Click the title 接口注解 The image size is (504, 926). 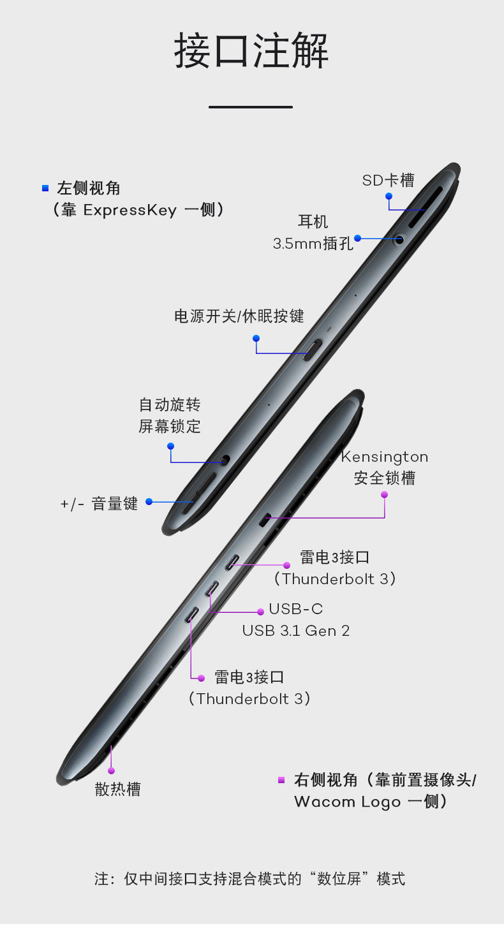(251, 50)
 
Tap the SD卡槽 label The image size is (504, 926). (389, 180)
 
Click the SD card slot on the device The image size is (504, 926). (426, 207)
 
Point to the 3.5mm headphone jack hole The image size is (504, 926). (399, 239)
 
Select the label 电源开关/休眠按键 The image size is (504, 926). (239, 316)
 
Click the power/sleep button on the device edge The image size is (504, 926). (312, 350)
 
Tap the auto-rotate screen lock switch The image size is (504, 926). (225, 460)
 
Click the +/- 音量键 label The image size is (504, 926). (100, 504)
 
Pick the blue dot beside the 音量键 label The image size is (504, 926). (149, 501)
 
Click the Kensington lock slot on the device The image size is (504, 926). (265, 520)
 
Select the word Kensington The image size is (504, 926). (385, 457)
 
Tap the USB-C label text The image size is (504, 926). (295, 608)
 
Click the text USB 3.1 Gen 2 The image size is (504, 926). (296, 631)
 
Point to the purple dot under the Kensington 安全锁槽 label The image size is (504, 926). (385, 494)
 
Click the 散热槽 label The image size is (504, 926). (118, 789)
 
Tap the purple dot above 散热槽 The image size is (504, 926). (111, 770)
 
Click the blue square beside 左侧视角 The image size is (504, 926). (45, 189)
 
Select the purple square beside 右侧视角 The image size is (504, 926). (281, 780)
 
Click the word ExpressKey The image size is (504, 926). (130, 210)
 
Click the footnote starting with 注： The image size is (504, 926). (249, 878)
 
